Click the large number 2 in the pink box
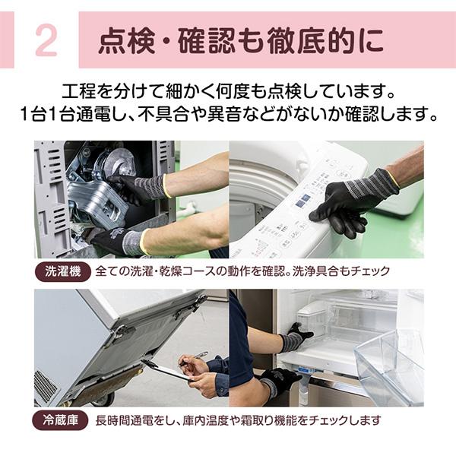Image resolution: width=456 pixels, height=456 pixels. (46, 41)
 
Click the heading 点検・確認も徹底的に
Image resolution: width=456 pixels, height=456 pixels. (240, 42)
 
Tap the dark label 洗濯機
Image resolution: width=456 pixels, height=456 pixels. (62, 271)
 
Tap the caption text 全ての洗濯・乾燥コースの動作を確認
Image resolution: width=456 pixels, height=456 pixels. (195, 271)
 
